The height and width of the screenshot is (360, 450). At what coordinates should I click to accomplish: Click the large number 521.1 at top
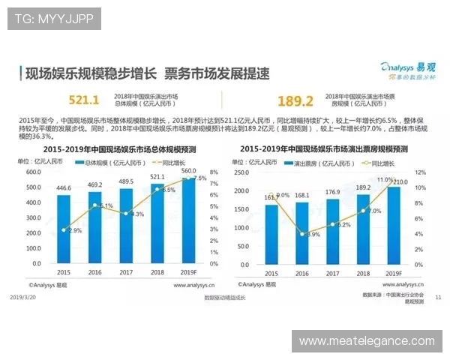(x=84, y=100)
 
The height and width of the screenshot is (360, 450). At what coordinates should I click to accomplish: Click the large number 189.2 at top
(x=295, y=101)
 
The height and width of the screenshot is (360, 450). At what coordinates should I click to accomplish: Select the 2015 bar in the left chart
(x=64, y=229)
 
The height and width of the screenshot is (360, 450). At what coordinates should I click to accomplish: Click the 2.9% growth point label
(x=74, y=230)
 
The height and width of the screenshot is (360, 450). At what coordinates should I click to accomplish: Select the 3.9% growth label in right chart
(x=312, y=235)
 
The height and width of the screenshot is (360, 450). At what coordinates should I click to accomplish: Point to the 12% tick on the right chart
(x=420, y=172)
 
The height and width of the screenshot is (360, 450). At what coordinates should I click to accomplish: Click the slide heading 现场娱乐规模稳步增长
(x=91, y=73)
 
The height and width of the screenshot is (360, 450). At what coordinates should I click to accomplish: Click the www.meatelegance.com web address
(x=367, y=340)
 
